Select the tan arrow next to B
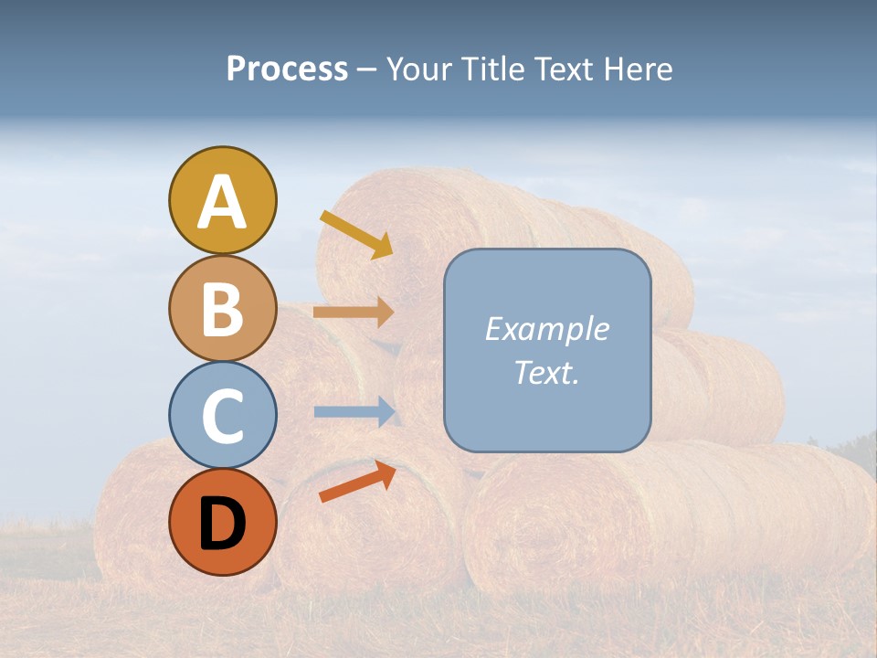(x=354, y=312)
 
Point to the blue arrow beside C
(x=354, y=411)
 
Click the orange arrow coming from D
(x=357, y=482)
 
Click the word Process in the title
(x=287, y=69)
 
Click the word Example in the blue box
(x=546, y=329)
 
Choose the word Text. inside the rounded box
(x=546, y=372)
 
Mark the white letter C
(x=222, y=417)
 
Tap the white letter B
(x=222, y=309)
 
